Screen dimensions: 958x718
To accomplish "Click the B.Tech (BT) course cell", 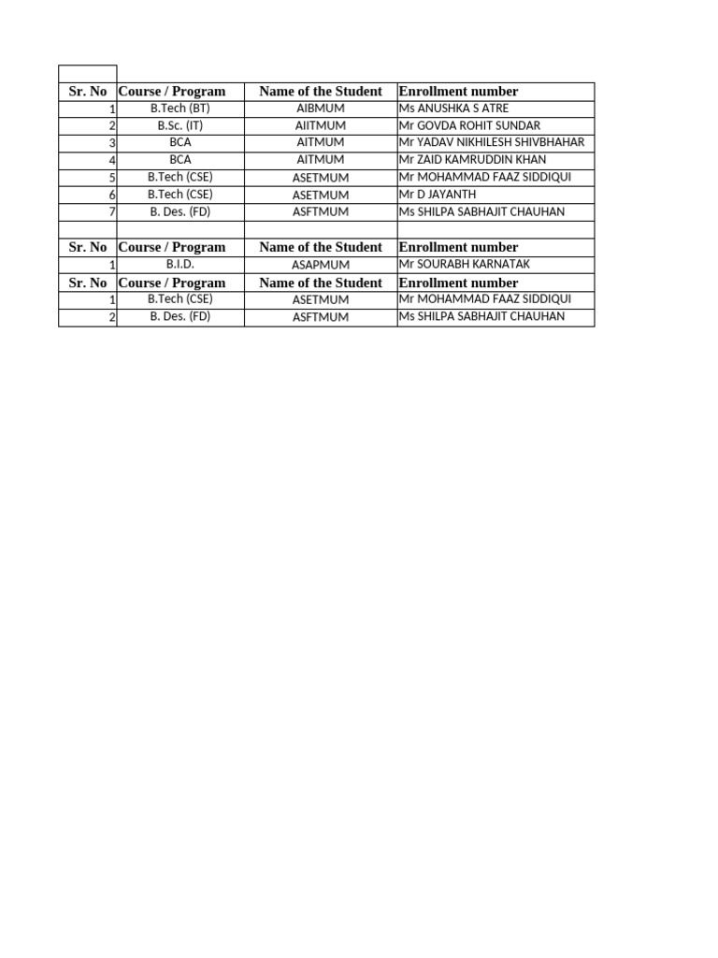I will pyautogui.click(x=179, y=109).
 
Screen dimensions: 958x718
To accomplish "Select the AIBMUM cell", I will pyautogui.click(x=320, y=109).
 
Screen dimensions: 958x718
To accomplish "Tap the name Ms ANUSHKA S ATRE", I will pyautogui.click(x=454, y=109).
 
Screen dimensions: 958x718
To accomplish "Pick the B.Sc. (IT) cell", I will pyautogui.click(x=179, y=125).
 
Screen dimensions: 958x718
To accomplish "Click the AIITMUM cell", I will pyautogui.click(x=320, y=125).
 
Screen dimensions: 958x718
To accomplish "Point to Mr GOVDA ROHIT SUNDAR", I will pyautogui.click(x=469, y=125).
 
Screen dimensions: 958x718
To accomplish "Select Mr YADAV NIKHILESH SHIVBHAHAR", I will pyautogui.click(x=491, y=142).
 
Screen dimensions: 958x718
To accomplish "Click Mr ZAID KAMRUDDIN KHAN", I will pyautogui.click(x=472, y=160).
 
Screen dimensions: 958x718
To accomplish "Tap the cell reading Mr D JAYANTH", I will pyautogui.click(x=438, y=195).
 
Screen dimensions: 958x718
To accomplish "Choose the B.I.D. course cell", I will pyautogui.click(x=179, y=265).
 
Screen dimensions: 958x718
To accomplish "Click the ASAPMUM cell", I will pyautogui.click(x=320, y=265).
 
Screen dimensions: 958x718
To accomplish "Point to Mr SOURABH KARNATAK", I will pyautogui.click(x=464, y=265).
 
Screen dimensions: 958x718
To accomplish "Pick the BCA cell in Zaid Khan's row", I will pyautogui.click(x=179, y=160).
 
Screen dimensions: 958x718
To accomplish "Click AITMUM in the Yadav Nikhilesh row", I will pyautogui.click(x=320, y=142).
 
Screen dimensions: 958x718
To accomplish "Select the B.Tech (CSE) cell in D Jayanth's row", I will pyautogui.click(x=179, y=195).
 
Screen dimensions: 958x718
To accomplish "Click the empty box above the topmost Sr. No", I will pyautogui.click(x=87, y=74).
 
